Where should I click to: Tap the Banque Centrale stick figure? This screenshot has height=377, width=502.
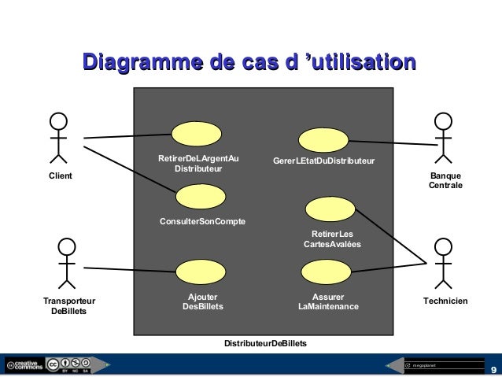445,141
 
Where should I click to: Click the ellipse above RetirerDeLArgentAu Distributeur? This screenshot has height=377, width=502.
197,133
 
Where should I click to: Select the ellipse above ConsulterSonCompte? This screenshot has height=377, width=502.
200,197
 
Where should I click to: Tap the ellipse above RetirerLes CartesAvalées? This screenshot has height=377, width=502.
330,209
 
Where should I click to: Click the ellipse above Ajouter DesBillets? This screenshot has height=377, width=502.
201,272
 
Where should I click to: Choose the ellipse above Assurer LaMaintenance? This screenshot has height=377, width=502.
327,272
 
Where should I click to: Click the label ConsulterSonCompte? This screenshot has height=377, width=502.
202,222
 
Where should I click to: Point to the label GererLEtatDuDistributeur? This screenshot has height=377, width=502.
323,161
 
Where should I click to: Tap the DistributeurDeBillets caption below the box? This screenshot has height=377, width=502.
265,345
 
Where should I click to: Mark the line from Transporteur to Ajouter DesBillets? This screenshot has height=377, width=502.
130,269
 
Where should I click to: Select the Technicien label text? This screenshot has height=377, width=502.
445,301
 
